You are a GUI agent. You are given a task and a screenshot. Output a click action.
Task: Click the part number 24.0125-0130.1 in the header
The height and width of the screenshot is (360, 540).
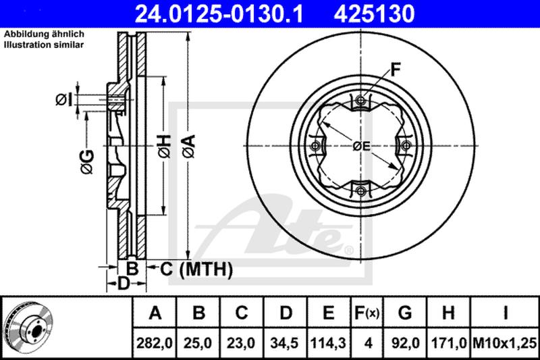click(219, 14)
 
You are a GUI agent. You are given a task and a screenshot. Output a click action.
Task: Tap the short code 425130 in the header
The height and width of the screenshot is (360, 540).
click(374, 14)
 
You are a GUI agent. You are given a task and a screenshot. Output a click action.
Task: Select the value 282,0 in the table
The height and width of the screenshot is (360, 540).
click(155, 343)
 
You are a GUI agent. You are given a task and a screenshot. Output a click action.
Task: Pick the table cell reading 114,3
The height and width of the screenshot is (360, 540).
click(328, 343)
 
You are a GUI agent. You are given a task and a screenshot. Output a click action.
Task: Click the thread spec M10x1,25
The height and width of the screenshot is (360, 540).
click(505, 343)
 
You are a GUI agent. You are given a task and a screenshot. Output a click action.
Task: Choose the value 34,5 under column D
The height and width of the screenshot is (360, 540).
click(284, 343)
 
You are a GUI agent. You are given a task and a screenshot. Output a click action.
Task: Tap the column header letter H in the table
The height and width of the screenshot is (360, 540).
click(448, 313)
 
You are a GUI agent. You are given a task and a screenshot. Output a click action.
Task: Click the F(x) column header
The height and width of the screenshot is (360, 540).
click(367, 313)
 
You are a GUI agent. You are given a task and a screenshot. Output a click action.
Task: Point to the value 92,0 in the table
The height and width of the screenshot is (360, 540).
click(405, 343)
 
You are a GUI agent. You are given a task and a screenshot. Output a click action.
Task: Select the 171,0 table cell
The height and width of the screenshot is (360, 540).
click(449, 343)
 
